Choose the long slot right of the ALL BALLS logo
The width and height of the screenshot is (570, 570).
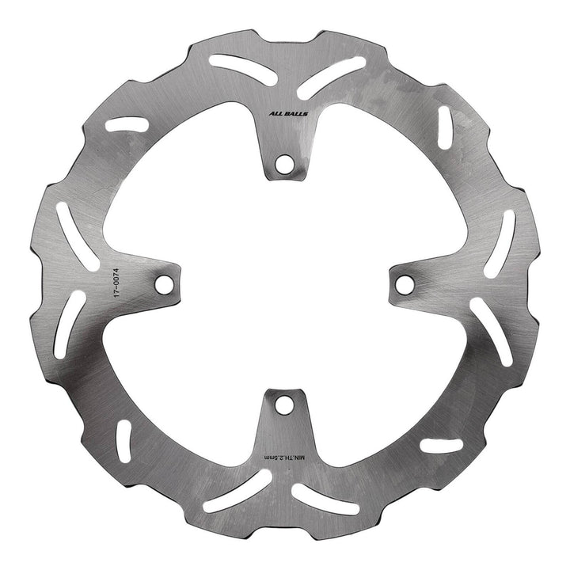[x=332, y=73]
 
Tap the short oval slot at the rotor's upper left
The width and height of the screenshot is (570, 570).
[x=127, y=123]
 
